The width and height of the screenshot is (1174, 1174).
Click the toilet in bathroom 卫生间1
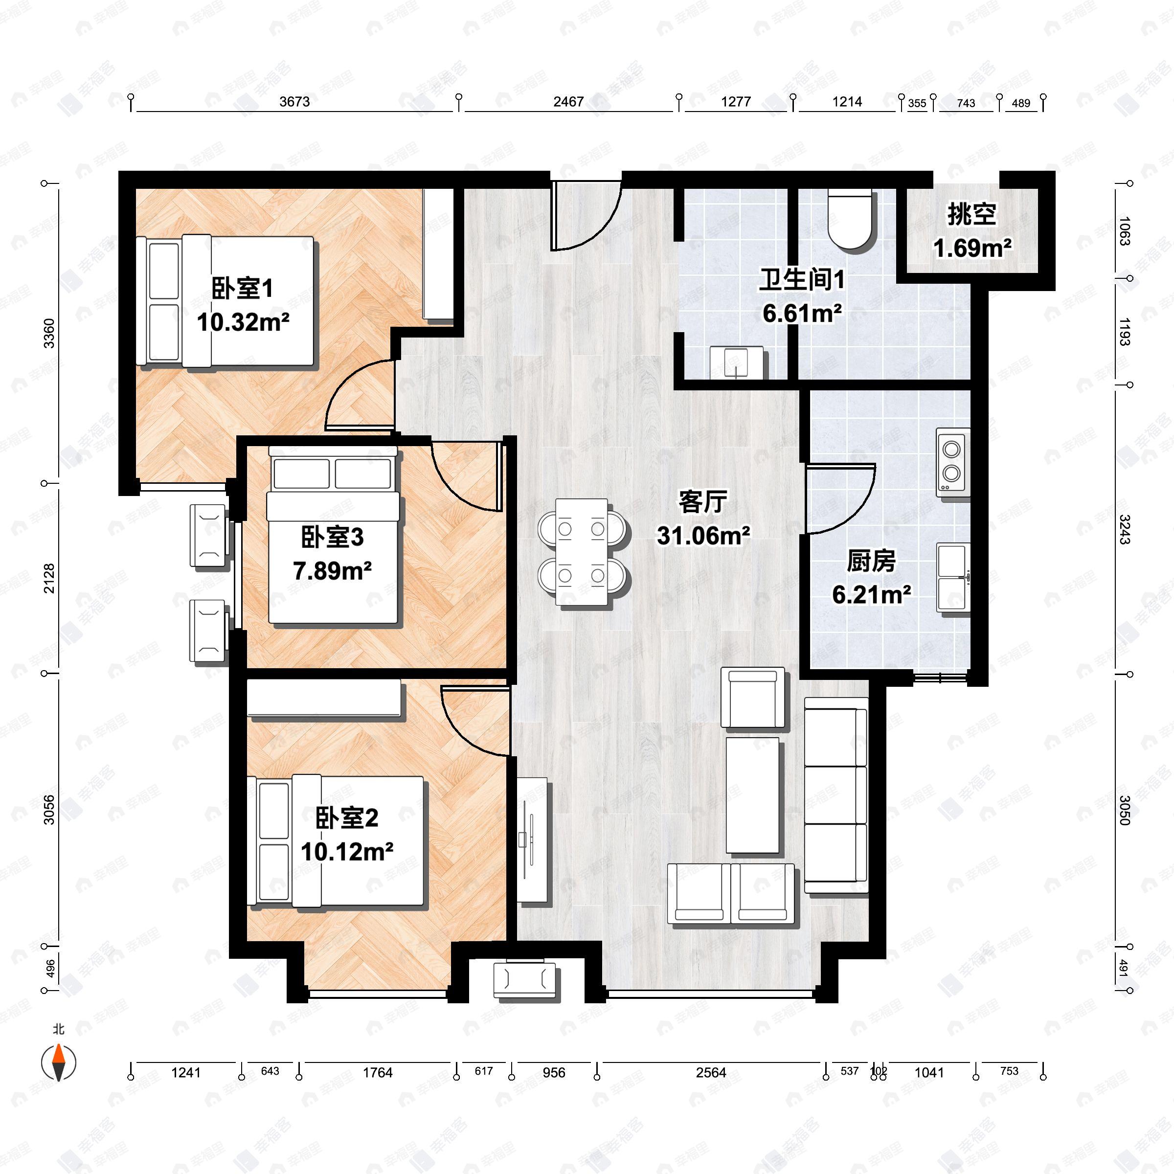coord(853,220)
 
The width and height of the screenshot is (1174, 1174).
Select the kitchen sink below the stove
coord(952,578)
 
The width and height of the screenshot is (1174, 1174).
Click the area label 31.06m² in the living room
coord(703,535)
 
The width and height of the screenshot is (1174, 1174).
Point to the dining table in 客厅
coord(582,552)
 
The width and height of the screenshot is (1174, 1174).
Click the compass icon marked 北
coord(58,1063)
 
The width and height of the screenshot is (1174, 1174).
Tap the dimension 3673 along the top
coord(294,101)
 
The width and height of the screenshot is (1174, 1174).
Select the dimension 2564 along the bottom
coord(710,1073)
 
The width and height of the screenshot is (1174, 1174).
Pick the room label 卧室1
coord(243,288)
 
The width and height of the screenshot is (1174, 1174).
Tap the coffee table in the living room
coord(752,795)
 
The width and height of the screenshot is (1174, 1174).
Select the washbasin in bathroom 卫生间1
coord(737,363)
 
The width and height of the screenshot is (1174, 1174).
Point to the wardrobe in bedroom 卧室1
coord(438,254)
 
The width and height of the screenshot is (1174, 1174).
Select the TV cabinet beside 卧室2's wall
coord(532,840)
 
